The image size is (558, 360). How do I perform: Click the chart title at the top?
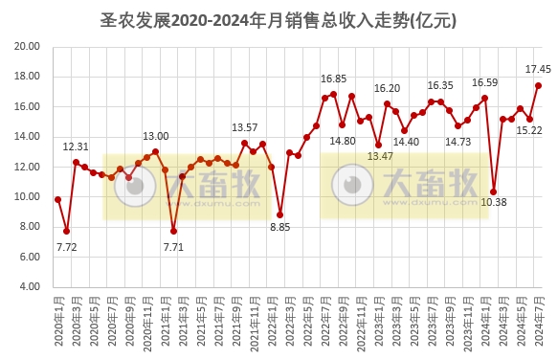[x=279, y=19]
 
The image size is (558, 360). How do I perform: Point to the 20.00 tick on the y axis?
[x=28, y=46]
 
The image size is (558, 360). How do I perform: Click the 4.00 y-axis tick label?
[x=28, y=287]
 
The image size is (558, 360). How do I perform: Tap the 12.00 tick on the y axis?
[x=28, y=167]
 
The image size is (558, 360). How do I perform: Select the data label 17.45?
[x=538, y=69]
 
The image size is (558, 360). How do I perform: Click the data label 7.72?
[x=66, y=247]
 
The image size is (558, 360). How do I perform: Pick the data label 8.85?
[x=279, y=227]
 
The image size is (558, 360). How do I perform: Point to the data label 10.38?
[x=493, y=202]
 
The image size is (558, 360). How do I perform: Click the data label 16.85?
[x=334, y=79]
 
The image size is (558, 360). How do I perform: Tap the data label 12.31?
[x=76, y=146]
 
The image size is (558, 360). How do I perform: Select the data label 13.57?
[x=245, y=127]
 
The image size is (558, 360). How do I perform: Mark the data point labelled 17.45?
[x=538, y=85]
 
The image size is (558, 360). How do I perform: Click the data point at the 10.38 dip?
[x=494, y=191]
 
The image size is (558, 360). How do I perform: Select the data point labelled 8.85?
[x=280, y=214]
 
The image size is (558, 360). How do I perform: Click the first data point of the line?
[x=57, y=199]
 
